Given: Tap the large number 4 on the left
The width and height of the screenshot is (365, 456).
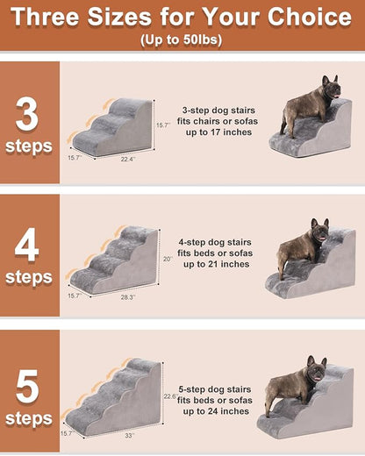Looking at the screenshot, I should [26, 246].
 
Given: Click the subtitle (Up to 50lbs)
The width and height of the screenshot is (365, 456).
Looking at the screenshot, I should [182, 40].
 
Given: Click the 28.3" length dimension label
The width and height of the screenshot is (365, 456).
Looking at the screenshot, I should [127, 297].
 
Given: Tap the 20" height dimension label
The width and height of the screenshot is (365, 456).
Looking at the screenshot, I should [167, 259].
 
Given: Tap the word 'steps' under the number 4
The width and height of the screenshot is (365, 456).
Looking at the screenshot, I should [29, 277].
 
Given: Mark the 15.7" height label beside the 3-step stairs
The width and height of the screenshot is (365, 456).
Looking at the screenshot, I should [161, 125].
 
